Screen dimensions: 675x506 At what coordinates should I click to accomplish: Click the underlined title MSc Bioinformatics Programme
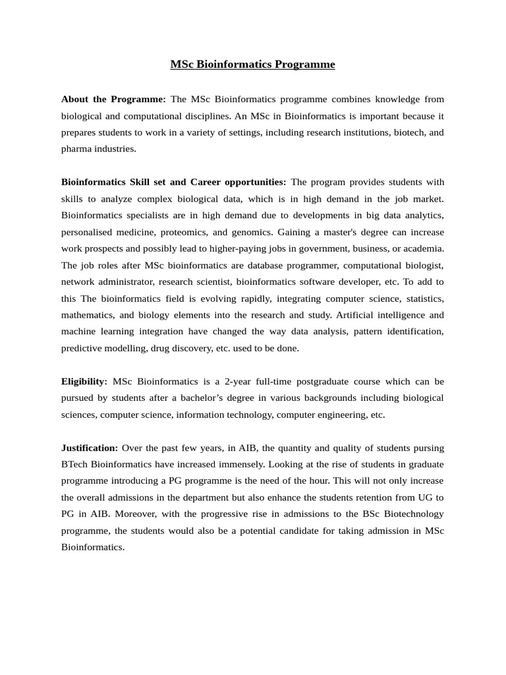click(x=252, y=65)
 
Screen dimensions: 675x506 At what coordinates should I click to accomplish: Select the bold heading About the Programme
click(x=113, y=99)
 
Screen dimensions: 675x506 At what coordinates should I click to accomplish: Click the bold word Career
click(x=212, y=182)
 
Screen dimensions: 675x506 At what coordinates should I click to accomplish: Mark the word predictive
click(x=82, y=348)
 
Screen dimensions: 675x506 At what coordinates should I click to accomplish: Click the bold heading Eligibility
click(x=84, y=382)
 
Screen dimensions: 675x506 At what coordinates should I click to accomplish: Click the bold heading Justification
click(x=90, y=448)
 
